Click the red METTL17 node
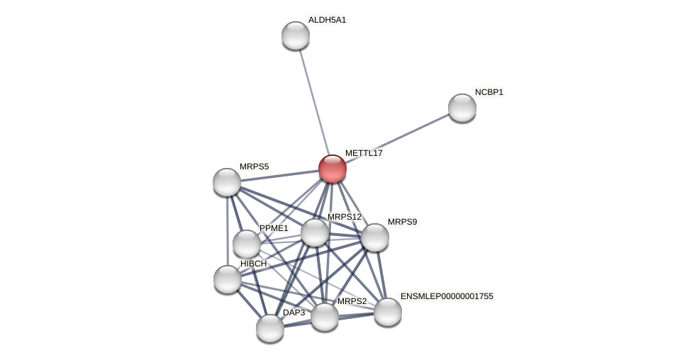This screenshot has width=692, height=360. click(x=332, y=169)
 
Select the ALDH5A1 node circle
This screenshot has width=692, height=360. click(x=296, y=35)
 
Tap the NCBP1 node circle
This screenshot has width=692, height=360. click(x=462, y=108)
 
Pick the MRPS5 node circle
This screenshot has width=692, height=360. click(x=227, y=182)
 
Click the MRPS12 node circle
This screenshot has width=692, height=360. click(x=315, y=232)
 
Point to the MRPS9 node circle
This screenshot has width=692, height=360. click(x=375, y=237)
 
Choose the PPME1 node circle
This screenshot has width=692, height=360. click(x=247, y=244)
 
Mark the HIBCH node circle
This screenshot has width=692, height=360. click(x=228, y=279)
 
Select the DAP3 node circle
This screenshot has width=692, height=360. click(x=270, y=328)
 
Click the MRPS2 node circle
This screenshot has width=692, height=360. click(x=325, y=317)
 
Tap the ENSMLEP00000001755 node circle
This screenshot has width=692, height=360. click(x=388, y=312)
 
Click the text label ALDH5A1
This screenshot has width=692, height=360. click(x=327, y=20)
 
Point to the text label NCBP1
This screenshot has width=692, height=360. click(x=489, y=92)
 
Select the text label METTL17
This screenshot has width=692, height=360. click(x=364, y=153)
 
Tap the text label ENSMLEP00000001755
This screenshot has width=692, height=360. click(x=447, y=296)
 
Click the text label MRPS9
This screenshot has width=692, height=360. click(x=402, y=222)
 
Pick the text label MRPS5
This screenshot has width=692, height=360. click(x=254, y=167)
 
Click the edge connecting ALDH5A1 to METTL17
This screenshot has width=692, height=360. click(x=313, y=99)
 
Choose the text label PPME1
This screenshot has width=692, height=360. click(x=274, y=228)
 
